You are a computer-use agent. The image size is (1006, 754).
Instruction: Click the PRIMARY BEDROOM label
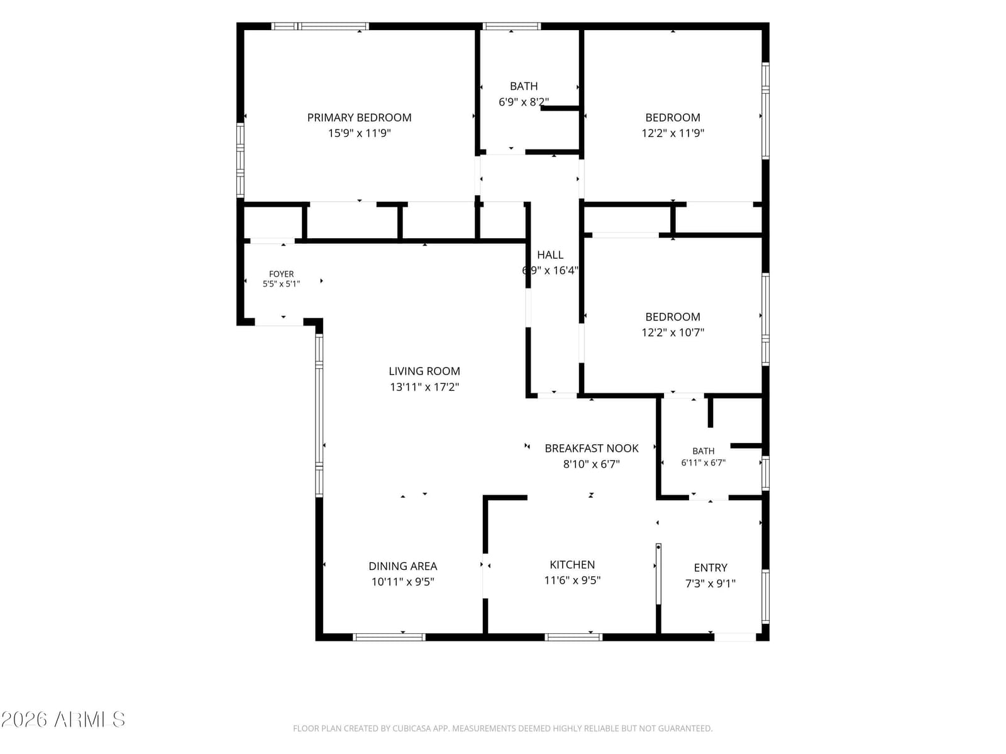click(x=359, y=117)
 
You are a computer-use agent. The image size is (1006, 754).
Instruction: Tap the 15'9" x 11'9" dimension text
click(x=359, y=133)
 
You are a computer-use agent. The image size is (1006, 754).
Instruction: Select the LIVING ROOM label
click(x=424, y=371)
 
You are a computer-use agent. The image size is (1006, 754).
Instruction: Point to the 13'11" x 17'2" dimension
click(x=424, y=387)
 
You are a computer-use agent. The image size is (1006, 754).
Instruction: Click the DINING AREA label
click(x=402, y=566)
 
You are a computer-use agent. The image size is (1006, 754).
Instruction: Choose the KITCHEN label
click(x=572, y=565)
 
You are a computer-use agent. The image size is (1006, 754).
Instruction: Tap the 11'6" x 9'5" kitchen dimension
click(x=572, y=581)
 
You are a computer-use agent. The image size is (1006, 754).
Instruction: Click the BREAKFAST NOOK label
click(x=591, y=449)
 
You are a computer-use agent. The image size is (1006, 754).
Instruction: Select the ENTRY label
click(x=710, y=568)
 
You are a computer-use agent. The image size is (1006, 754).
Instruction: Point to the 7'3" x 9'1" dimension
click(x=710, y=584)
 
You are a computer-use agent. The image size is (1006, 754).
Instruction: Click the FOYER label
click(x=282, y=274)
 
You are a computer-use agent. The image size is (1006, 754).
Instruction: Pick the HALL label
click(x=550, y=255)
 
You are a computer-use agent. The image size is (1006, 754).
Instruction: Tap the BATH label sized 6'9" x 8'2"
click(x=524, y=86)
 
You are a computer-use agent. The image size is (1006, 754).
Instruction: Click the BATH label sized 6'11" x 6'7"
click(x=703, y=451)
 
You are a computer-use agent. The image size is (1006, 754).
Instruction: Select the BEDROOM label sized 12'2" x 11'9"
click(x=672, y=117)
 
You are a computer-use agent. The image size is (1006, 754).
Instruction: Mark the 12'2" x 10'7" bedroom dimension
click(x=672, y=332)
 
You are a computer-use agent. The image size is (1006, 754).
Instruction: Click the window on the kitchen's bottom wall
click(x=573, y=637)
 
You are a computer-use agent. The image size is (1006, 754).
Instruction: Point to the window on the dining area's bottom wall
click(x=389, y=637)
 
